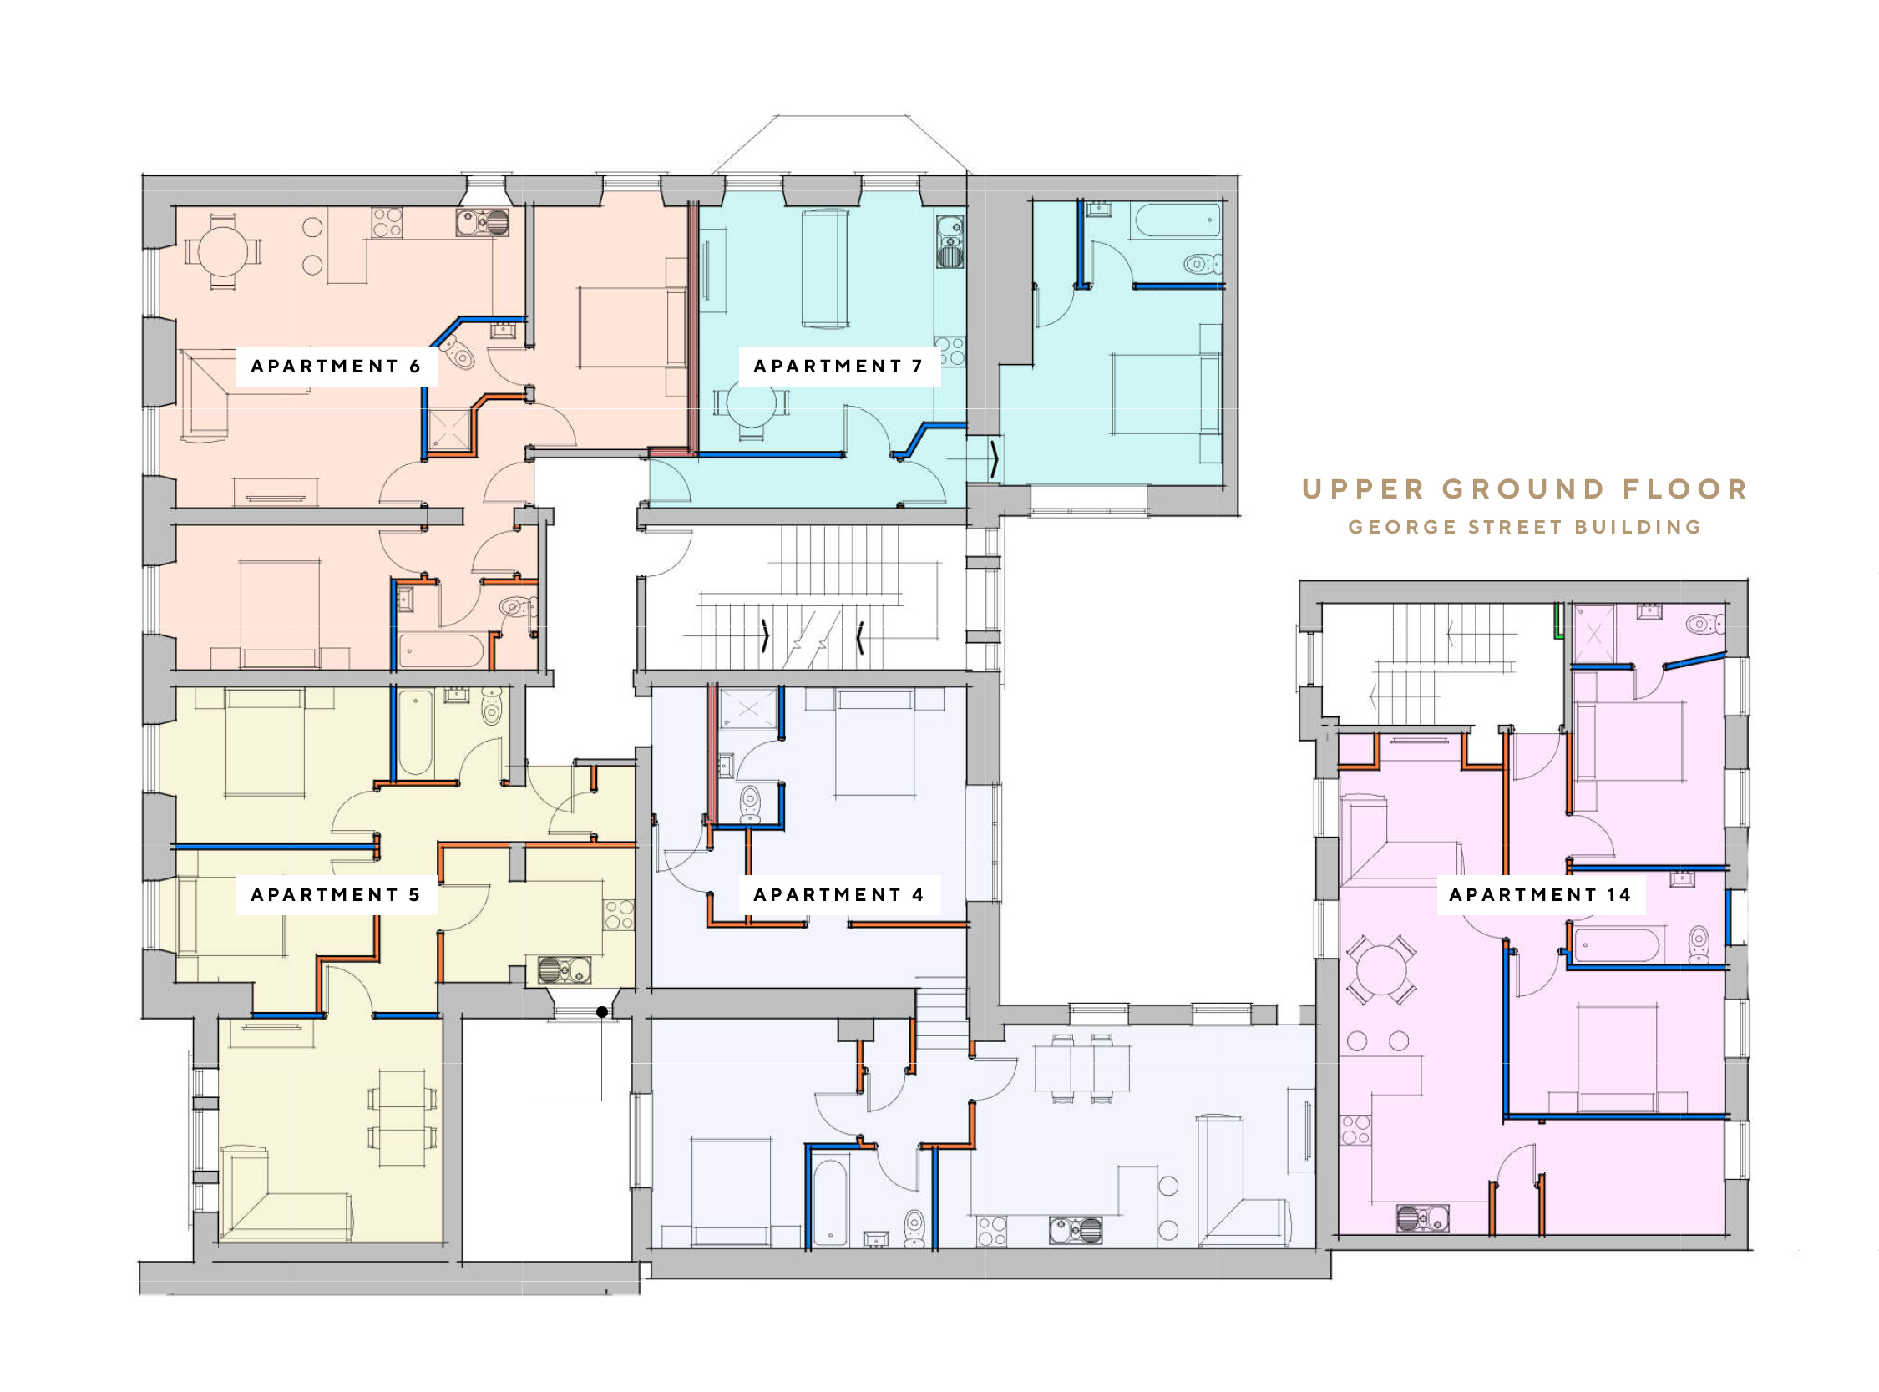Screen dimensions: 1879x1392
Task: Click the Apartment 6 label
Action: click(x=336, y=367)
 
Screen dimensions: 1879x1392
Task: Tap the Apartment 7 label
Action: click(x=838, y=367)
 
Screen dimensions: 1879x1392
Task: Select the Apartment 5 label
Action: click(x=336, y=895)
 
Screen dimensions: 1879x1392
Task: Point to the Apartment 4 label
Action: click(x=838, y=895)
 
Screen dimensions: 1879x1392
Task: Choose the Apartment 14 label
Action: click(x=1540, y=895)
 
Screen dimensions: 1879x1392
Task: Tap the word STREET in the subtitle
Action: click(x=1513, y=528)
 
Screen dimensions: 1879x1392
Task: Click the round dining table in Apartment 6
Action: click(x=223, y=251)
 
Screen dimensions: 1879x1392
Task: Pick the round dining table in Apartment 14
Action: click(x=1382, y=969)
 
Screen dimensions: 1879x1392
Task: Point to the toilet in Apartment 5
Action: click(x=492, y=706)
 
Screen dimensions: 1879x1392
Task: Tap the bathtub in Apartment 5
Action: click(x=415, y=732)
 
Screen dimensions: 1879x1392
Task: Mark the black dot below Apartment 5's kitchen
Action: click(x=602, y=1012)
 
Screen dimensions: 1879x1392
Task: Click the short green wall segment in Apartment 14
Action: click(x=1558, y=620)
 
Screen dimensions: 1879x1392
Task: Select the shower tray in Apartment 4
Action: click(x=748, y=710)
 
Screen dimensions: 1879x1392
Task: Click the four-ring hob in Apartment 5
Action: click(x=619, y=914)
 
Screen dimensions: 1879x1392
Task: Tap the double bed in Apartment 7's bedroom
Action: click(x=1166, y=393)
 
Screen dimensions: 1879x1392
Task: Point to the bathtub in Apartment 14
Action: click(x=1617, y=944)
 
